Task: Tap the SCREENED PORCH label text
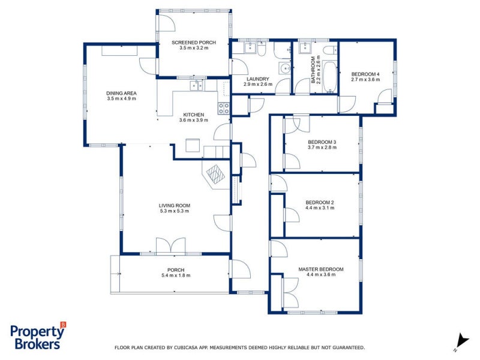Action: point(194,43)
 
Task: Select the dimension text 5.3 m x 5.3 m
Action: point(174,211)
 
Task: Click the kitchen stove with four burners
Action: point(223,109)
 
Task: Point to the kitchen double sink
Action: point(197,86)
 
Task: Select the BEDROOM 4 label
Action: point(365,73)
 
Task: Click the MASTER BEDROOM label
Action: point(321,269)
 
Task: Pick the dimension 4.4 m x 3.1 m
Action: point(320,208)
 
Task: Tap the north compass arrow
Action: point(461,340)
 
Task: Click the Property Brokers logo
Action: point(37,336)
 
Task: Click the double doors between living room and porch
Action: point(170,246)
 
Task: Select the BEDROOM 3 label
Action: point(322,142)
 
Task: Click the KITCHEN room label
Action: point(194,115)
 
